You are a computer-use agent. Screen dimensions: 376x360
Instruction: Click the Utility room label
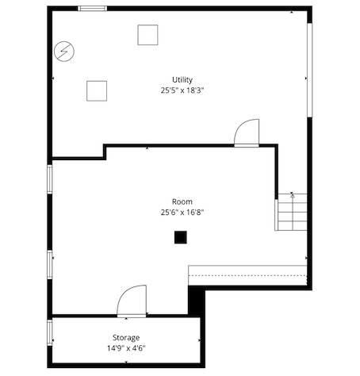[x=182, y=79]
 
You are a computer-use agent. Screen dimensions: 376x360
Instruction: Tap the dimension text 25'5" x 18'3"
[x=182, y=90]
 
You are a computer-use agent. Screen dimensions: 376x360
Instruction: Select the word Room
[x=182, y=201]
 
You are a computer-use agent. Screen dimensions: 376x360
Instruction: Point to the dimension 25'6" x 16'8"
[x=182, y=212]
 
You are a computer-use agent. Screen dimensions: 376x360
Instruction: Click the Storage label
[x=126, y=337]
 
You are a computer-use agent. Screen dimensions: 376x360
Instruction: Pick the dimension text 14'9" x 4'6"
[x=126, y=348]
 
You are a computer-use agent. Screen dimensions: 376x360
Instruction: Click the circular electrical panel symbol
[x=63, y=52]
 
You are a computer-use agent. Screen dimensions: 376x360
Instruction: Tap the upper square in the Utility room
[x=147, y=35]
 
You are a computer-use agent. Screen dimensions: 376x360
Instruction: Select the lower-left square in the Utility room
[x=97, y=90]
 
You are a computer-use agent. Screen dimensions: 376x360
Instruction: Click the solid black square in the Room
[x=182, y=236]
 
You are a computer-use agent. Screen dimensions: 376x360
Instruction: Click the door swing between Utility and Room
[x=247, y=132]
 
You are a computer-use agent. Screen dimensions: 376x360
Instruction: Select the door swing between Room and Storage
[x=132, y=301]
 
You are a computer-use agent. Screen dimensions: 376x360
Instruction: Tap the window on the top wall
[x=92, y=9]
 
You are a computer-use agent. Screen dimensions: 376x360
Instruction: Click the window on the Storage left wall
[x=50, y=331]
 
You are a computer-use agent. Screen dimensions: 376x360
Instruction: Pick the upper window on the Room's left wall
[x=50, y=178]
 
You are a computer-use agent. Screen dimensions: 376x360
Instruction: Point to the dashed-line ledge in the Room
[x=247, y=275]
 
